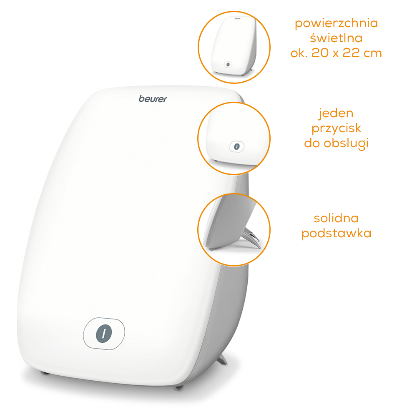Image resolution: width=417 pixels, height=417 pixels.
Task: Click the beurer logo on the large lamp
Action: [x=153, y=99]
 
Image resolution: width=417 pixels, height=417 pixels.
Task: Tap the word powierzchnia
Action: [x=336, y=23]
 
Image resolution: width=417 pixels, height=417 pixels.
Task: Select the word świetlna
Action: [x=336, y=38]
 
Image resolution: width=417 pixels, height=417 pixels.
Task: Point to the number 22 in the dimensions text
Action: [x=352, y=53]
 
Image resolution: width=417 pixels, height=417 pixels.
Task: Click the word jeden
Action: [x=336, y=114]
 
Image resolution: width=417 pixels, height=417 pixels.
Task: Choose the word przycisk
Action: [x=337, y=129]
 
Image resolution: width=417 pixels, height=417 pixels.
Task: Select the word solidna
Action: [x=336, y=219]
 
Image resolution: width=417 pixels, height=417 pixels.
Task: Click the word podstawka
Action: [x=336, y=233]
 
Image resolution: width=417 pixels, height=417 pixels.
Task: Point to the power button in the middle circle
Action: [x=237, y=146]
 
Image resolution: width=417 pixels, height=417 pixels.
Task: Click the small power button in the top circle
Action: [x=228, y=65]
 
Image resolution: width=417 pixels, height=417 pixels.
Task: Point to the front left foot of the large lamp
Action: [x=45, y=373]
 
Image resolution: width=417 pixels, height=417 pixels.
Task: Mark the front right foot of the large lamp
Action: [x=178, y=387]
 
